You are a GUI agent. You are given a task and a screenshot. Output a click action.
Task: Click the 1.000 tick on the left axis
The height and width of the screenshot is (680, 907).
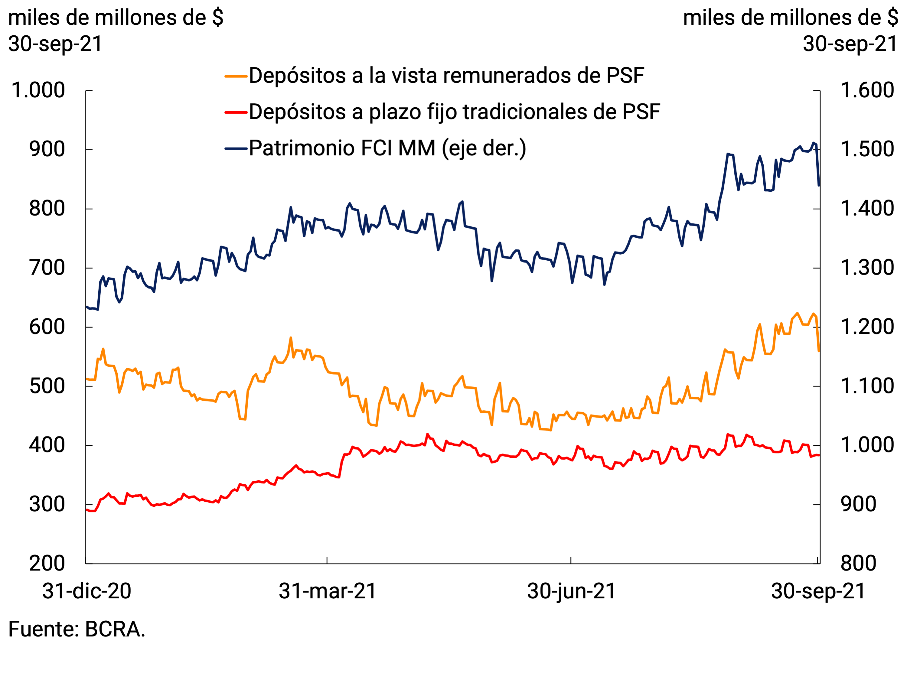pyautogui.click(x=38, y=90)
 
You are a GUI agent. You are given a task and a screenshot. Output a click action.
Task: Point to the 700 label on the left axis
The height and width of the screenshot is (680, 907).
pyautogui.click(x=47, y=268)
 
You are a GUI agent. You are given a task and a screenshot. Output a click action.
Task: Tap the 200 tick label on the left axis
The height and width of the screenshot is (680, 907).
pyautogui.click(x=47, y=563)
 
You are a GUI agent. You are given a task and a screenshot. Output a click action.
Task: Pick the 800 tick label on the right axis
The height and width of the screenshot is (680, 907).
pyautogui.click(x=858, y=563)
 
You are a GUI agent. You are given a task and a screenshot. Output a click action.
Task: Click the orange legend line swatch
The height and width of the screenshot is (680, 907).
pyautogui.click(x=236, y=76)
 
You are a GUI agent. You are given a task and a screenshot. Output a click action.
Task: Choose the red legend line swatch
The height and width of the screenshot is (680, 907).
pyautogui.click(x=236, y=112)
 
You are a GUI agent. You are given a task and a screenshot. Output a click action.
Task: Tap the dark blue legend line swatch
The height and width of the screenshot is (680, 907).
pyautogui.click(x=236, y=148)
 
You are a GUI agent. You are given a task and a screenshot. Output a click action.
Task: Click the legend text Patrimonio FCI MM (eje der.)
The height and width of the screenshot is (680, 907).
pyautogui.click(x=387, y=148)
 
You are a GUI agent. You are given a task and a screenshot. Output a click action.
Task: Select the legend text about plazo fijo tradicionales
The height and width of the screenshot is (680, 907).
pyautogui.click(x=454, y=112)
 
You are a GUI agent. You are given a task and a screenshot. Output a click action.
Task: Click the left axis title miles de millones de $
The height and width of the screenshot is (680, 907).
pyautogui.click(x=116, y=18)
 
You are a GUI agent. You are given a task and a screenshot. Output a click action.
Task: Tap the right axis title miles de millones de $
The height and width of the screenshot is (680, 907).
pyautogui.click(x=790, y=18)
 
